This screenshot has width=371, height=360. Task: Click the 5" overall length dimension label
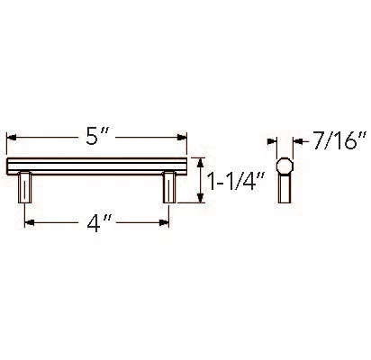96,137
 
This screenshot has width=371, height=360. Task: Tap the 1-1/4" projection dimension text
236,181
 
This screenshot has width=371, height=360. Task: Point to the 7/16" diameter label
339,140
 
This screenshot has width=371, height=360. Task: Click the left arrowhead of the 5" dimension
11,138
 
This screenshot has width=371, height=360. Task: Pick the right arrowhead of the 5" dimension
182,138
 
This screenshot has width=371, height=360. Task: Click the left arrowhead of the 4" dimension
29,222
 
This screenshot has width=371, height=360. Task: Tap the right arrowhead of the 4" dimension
164,222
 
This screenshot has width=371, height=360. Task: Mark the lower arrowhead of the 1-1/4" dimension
200,198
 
